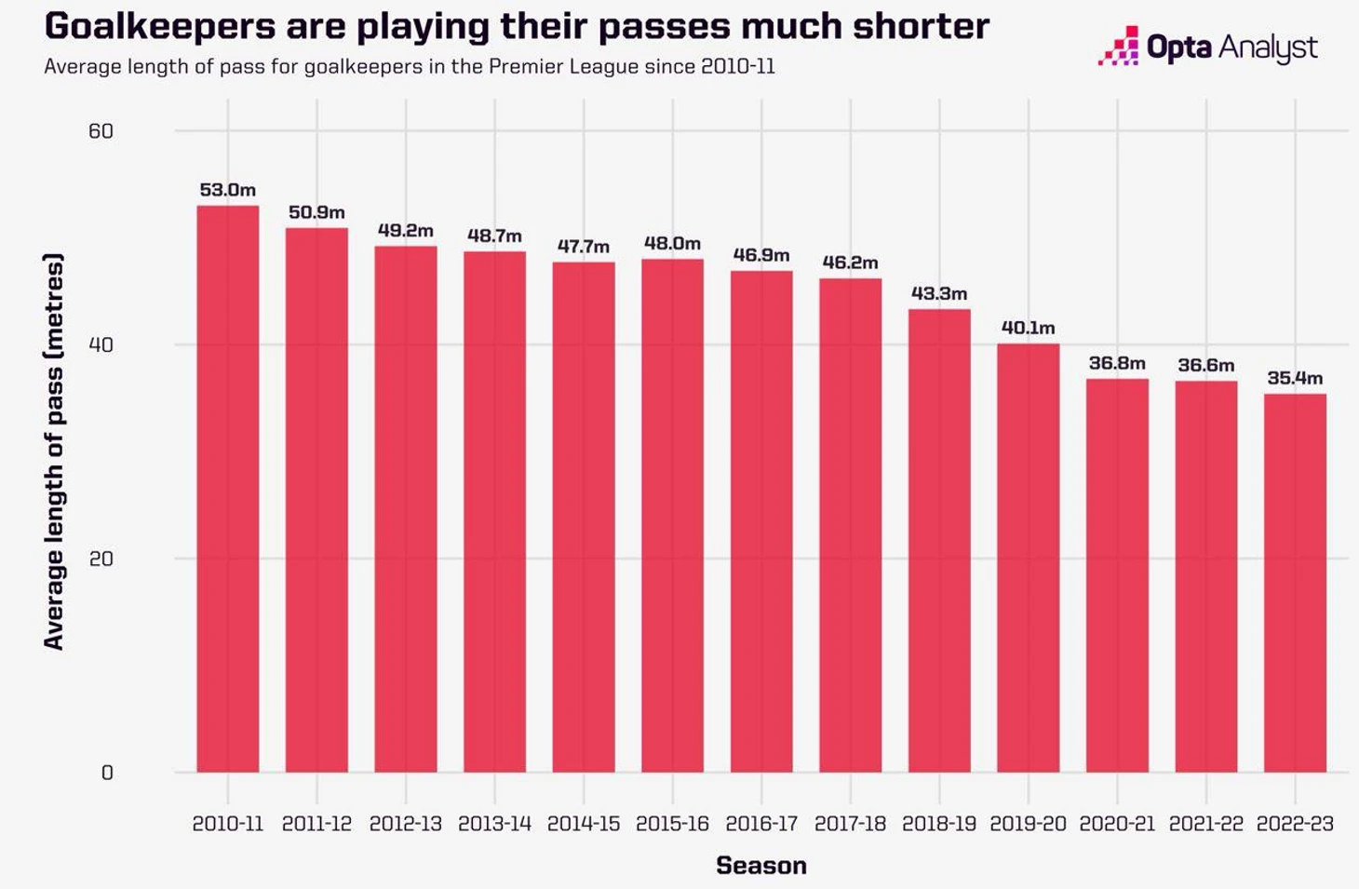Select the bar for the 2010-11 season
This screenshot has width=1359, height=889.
228,489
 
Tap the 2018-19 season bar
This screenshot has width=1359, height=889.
939,540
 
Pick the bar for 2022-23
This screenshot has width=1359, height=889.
1295,583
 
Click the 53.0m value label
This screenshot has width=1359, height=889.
227,190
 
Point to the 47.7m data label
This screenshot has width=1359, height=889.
584,247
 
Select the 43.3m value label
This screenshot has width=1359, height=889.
939,293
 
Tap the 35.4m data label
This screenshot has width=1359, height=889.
1295,378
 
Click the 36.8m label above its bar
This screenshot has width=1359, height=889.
1117,363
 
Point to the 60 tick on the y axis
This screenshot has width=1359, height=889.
101,131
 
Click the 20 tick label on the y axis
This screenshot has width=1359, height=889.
101,559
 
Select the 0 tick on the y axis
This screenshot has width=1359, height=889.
107,773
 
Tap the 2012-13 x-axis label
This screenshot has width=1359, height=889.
406,824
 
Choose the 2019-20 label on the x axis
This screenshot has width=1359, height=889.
1028,824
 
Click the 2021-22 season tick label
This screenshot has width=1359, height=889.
1206,824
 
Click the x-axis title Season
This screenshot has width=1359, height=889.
761,866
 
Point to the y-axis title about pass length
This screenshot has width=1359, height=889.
54,451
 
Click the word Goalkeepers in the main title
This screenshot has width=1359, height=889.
159,26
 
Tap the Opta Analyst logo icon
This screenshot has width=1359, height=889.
1119,47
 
